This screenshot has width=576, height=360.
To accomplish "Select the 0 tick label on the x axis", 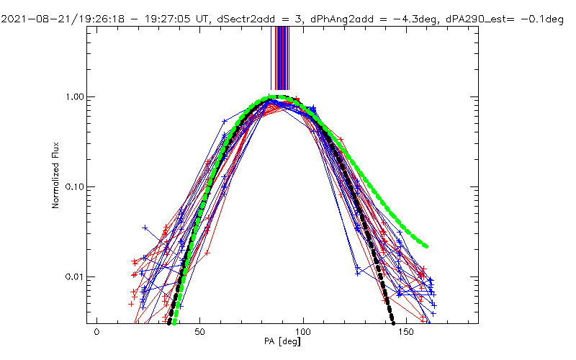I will (x=96, y=333).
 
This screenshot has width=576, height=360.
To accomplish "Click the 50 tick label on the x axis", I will (x=200, y=333).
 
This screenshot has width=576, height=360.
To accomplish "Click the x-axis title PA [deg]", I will (x=282, y=342).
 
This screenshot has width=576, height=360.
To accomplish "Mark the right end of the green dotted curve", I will (x=426, y=246).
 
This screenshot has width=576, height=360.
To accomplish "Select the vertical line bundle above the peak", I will (x=279, y=58).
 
